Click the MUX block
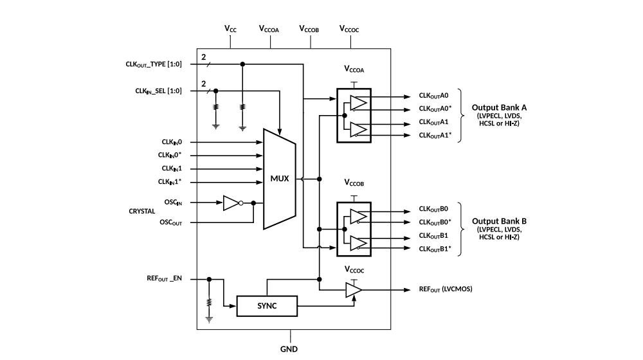pos(279,178)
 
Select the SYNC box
pos(267,306)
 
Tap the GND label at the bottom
pos(289,351)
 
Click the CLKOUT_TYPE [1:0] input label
pos(154,64)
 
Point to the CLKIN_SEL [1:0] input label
pos(158,91)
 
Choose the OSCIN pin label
pos(172,202)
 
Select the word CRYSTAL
pos(142,211)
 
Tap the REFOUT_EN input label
pos(165,279)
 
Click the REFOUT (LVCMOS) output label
pos(446,290)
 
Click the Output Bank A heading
pos(500,107)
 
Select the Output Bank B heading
pos(500,221)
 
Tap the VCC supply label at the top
pos(230,29)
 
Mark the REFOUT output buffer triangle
pos(353,291)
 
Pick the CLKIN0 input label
pos(172,141)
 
